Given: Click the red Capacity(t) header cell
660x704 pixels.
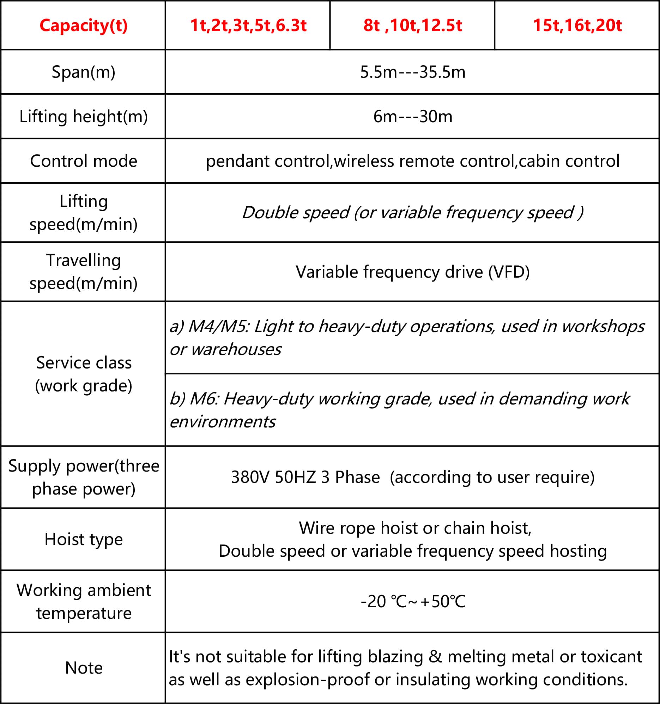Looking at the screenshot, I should point(84,25).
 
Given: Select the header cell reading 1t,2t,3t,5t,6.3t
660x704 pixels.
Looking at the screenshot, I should point(248,25).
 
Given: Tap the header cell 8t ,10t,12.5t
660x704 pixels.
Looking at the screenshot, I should point(412,25).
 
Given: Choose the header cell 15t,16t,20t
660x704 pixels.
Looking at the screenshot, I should point(577,25).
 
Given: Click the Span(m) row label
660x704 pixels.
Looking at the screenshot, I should point(84,72).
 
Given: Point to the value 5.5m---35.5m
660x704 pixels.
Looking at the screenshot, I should point(412,72).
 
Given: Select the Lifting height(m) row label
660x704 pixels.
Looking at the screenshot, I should point(84,117).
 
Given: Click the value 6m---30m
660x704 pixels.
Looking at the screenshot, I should point(412,117).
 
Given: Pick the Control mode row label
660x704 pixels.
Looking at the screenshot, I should point(84,161).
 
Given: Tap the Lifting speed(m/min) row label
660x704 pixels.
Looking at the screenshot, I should point(84,213).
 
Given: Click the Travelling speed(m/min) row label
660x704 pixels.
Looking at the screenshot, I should point(84,272).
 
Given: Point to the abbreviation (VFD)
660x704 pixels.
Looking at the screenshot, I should point(509,272).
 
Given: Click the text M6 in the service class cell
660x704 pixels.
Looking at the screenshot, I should point(205,398).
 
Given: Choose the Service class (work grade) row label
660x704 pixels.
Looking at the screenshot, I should point(84,374).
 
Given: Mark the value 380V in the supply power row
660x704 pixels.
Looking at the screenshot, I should point(250,477).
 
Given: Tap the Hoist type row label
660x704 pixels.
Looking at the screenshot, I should point(84,539).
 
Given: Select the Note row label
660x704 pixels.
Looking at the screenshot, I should point(84,668).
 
